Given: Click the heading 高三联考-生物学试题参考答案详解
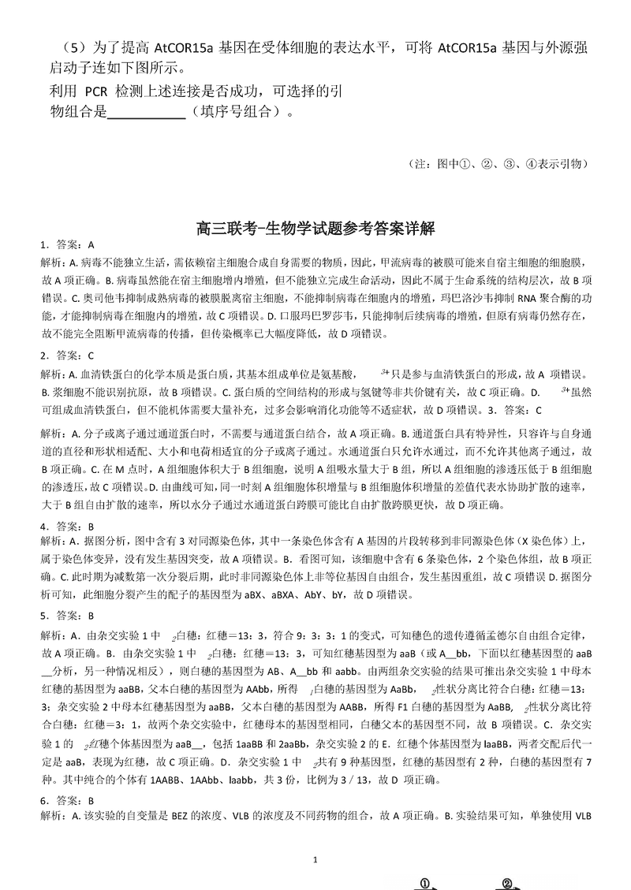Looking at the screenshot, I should [315, 229].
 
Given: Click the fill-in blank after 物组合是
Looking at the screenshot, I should [145, 112].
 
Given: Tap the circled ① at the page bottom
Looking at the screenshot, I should [424, 883].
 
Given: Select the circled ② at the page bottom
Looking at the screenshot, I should [507, 883].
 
